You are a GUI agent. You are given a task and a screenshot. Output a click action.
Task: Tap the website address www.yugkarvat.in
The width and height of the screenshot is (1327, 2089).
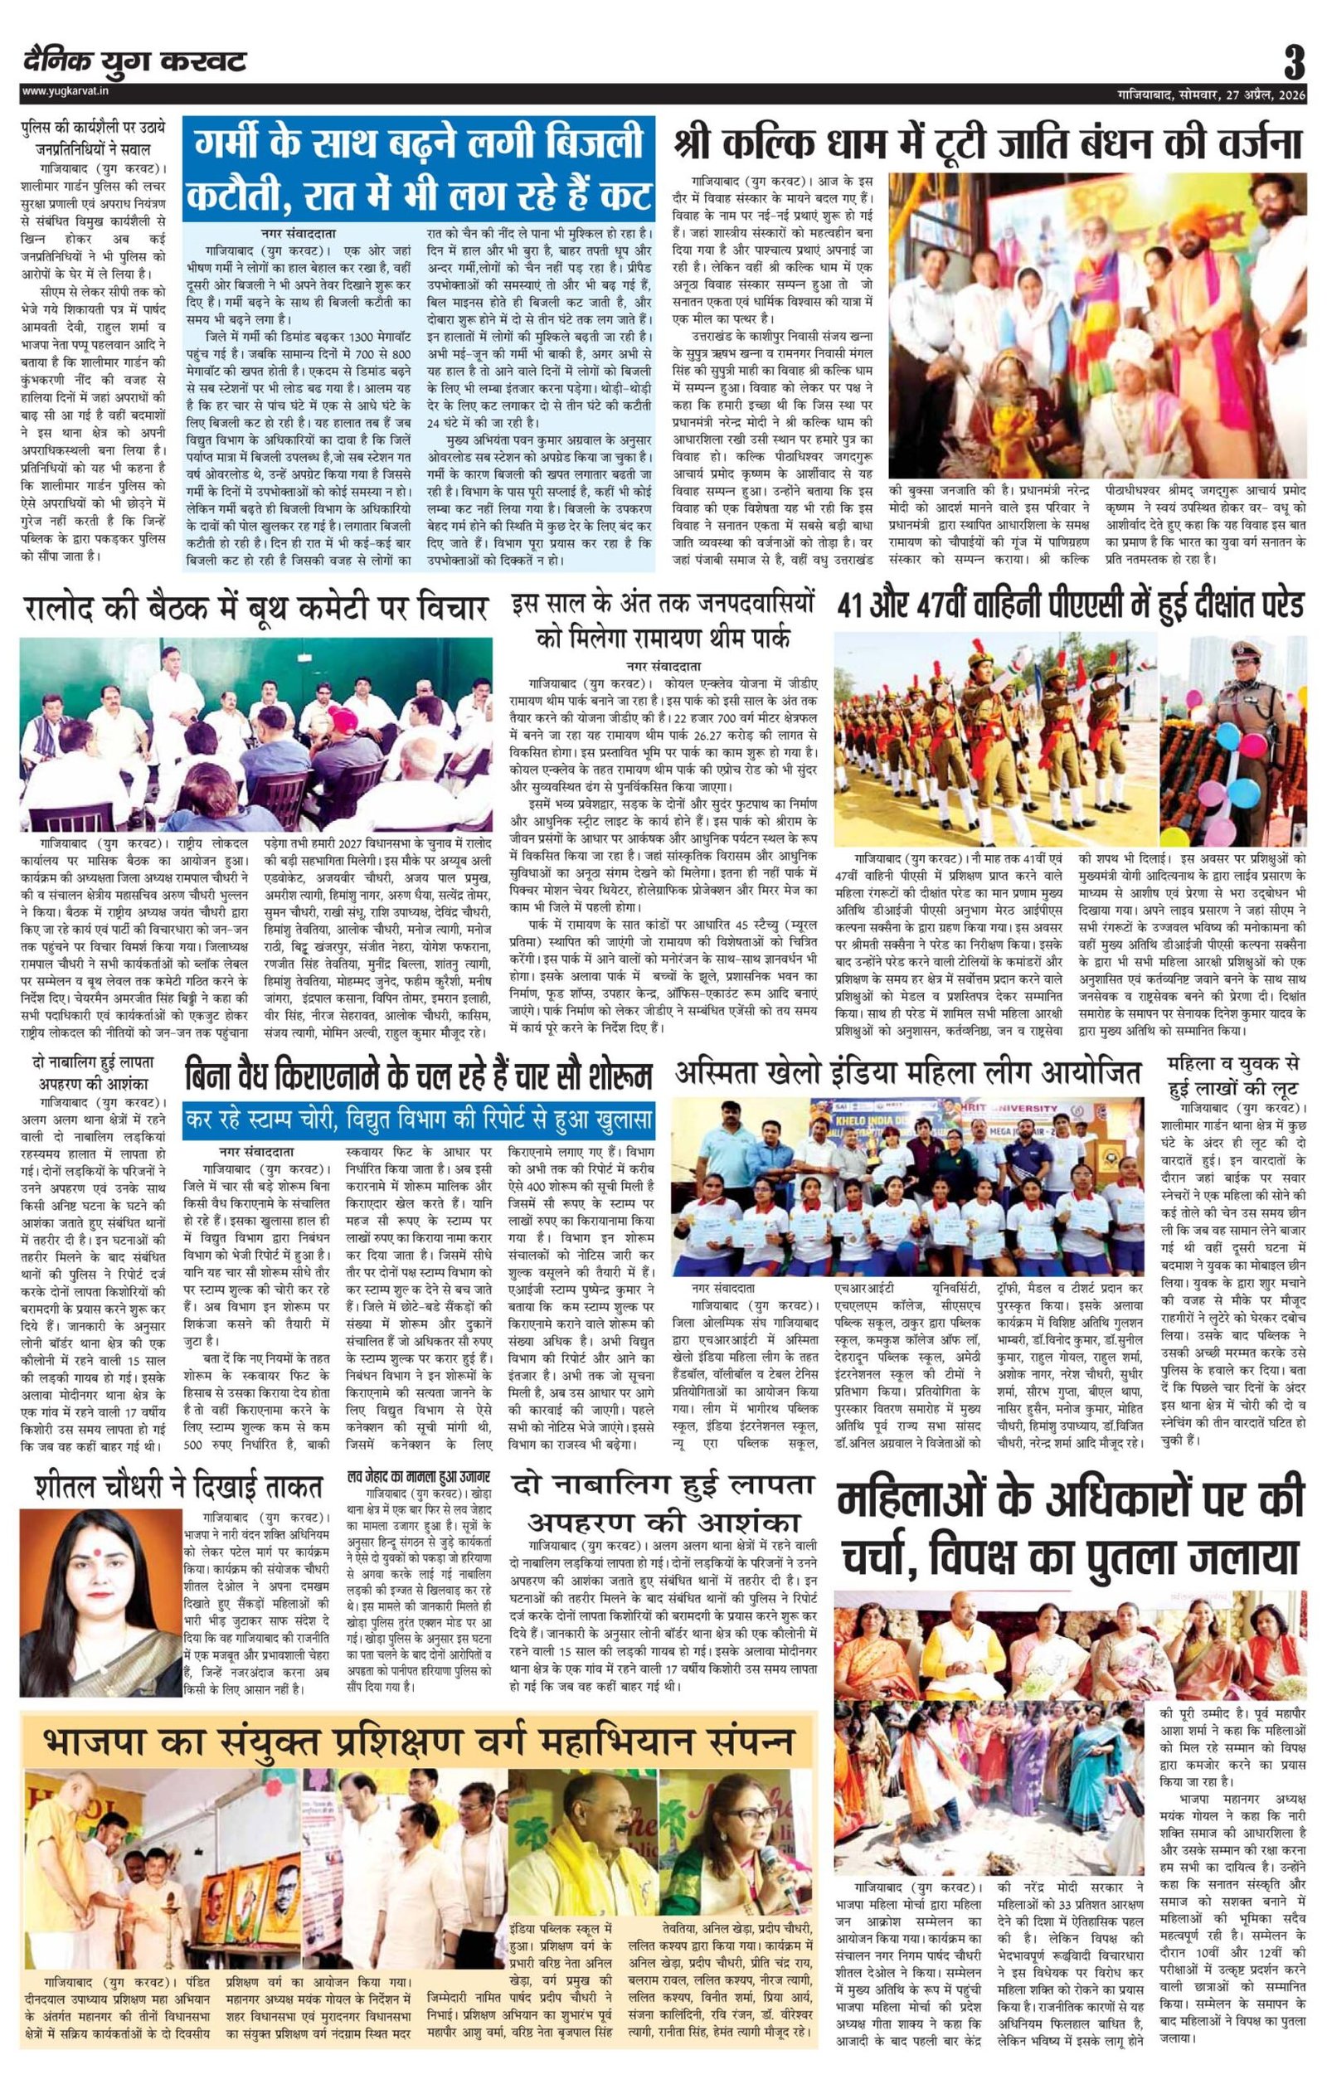(61, 91)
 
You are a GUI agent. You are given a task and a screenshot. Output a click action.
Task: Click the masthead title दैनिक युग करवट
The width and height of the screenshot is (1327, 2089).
(135, 62)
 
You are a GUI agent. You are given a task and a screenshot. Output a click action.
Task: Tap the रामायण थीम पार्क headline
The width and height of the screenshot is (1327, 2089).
(664, 623)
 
